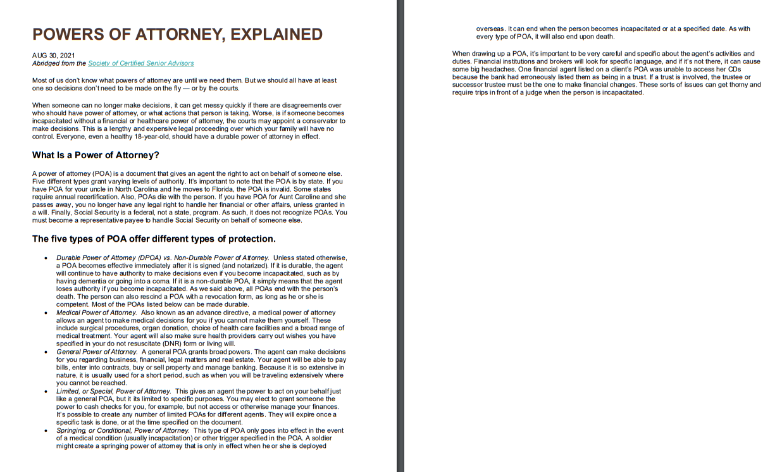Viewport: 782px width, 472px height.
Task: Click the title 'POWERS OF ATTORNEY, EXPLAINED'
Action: (x=177, y=34)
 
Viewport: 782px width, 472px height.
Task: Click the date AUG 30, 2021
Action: (x=53, y=56)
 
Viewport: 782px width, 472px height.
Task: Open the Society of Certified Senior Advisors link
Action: (x=140, y=63)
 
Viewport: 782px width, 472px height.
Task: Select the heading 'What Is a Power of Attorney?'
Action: (x=96, y=155)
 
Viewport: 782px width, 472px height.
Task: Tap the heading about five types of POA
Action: (x=154, y=239)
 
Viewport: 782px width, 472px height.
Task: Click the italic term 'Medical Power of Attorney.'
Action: (x=96, y=313)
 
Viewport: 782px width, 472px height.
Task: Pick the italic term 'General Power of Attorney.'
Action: (x=96, y=352)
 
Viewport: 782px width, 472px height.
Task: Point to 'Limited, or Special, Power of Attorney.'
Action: (x=113, y=391)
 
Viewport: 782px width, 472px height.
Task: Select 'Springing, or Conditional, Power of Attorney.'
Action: (x=122, y=430)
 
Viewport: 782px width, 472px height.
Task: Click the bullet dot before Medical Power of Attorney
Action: (x=46, y=313)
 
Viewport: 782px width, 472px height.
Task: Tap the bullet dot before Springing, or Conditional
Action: (x=46, y=430)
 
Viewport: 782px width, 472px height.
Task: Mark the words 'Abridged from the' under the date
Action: (x=59, y=63)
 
